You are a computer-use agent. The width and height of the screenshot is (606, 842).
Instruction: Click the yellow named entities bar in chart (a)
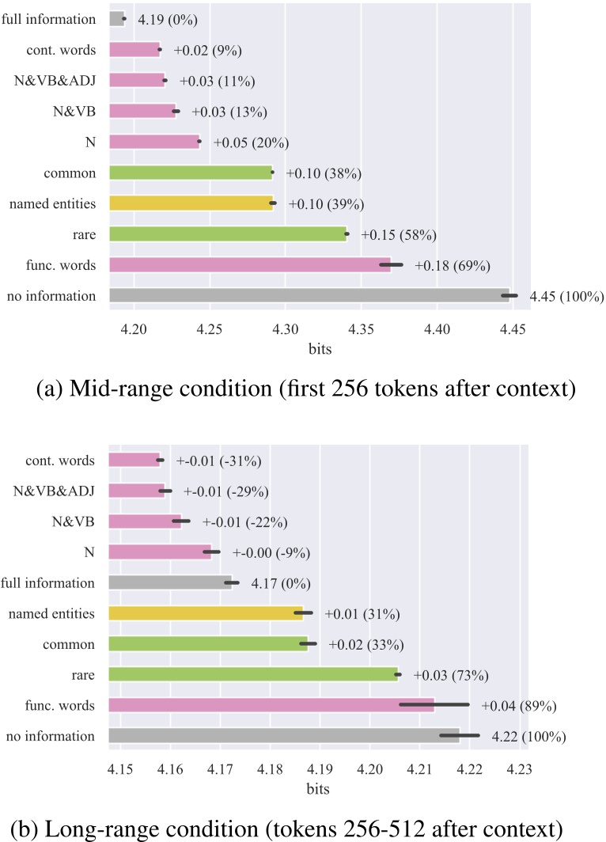(191, 203)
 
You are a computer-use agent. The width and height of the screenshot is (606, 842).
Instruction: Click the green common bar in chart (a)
(191, 173)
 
